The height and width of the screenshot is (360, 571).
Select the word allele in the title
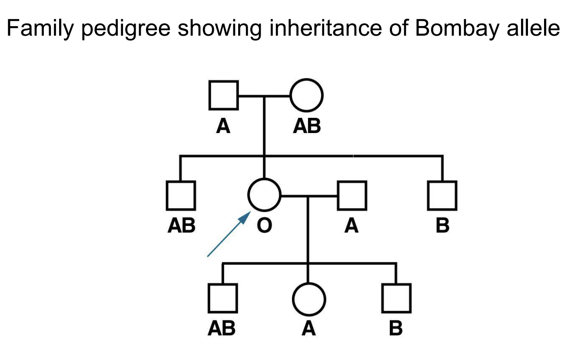coord(535,29)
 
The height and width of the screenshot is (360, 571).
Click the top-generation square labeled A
coord(223,95)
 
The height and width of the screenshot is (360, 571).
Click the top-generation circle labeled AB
coord(307,95)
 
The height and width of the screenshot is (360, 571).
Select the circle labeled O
coord(264,194)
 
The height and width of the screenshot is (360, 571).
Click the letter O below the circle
coord(264,226)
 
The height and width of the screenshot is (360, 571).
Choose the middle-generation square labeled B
coord(442,195)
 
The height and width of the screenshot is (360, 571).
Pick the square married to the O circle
coord(352,195)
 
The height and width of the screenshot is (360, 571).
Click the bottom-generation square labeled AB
coord(222,298)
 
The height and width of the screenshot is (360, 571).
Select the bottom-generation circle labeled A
coord(309,300)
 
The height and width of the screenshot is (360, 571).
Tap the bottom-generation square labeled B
coord(396,298)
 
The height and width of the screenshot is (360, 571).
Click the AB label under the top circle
coord(307,126)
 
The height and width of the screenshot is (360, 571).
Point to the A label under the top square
coord(223,126)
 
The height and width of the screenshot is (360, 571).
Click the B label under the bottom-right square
coord(396,329)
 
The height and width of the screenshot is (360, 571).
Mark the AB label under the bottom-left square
coord(222,329)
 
